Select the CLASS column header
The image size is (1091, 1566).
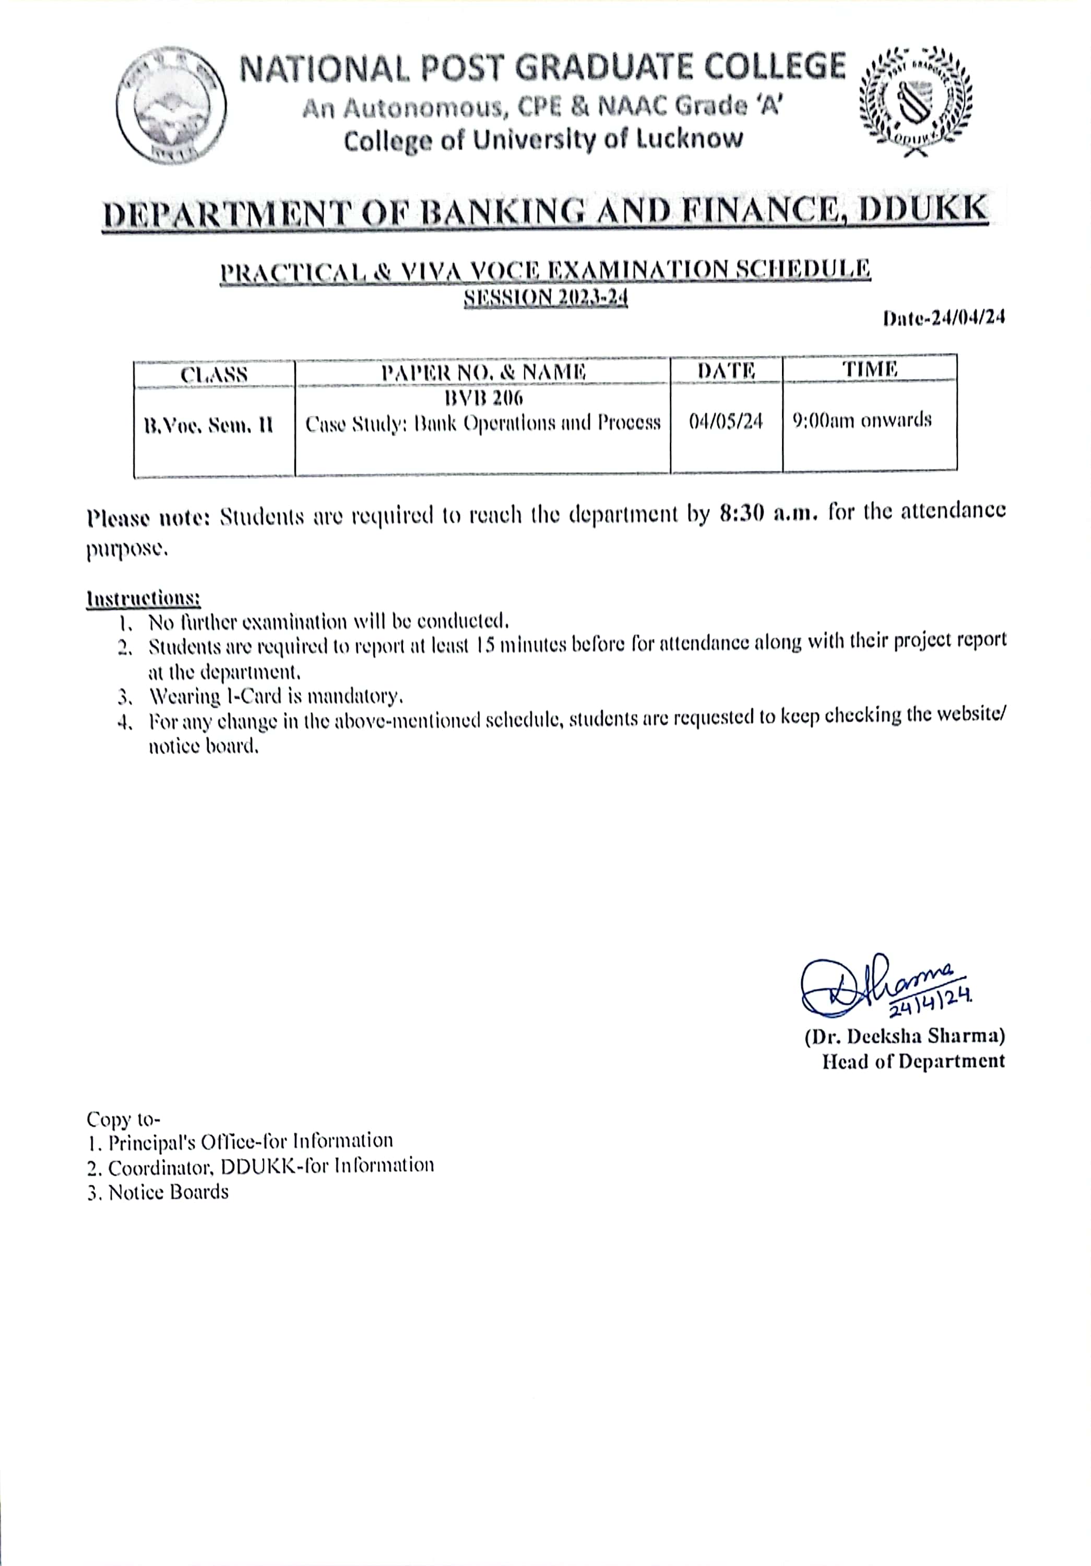214,374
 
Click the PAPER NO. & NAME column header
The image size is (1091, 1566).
483,372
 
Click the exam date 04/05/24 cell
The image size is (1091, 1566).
726,422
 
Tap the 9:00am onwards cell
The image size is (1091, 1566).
862,420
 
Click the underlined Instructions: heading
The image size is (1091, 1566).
143,598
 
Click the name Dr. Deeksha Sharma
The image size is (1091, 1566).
904,1037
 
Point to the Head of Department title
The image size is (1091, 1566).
913,1061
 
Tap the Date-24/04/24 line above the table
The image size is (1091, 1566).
944,318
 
